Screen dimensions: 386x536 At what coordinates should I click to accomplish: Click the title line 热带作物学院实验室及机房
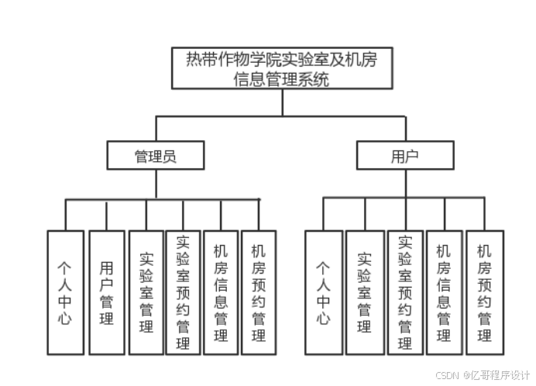pos(282,60)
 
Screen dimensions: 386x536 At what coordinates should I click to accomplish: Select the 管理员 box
pos(156,155)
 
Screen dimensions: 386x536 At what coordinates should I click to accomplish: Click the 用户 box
pos(405,155)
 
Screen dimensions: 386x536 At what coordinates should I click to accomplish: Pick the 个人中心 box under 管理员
pos(65,292)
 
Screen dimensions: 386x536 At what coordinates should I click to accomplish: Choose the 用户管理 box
pos(106,292)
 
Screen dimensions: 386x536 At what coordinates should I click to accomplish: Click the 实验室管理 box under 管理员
pos(146,292)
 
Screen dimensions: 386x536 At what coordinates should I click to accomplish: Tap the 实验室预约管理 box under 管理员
pos(183,292)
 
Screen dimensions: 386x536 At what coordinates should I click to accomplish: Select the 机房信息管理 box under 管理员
pos(221,292)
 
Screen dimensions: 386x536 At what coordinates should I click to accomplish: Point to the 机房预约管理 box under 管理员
pos(259,292)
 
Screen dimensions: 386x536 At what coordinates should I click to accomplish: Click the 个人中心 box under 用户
pos(324,292)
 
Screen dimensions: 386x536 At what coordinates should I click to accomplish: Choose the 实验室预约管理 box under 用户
pos(404,292)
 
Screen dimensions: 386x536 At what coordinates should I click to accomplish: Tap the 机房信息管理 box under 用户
pos(444,292)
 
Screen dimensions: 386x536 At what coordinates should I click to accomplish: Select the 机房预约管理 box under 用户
pos(484,292)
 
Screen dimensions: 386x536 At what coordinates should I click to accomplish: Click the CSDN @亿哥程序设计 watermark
pos(481,374)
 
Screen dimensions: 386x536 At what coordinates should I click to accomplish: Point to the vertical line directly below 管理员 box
pos(156,184)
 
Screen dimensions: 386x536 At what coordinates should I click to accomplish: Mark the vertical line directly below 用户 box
pos(405,183)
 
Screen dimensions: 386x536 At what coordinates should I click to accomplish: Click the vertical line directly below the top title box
pos(282,102)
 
